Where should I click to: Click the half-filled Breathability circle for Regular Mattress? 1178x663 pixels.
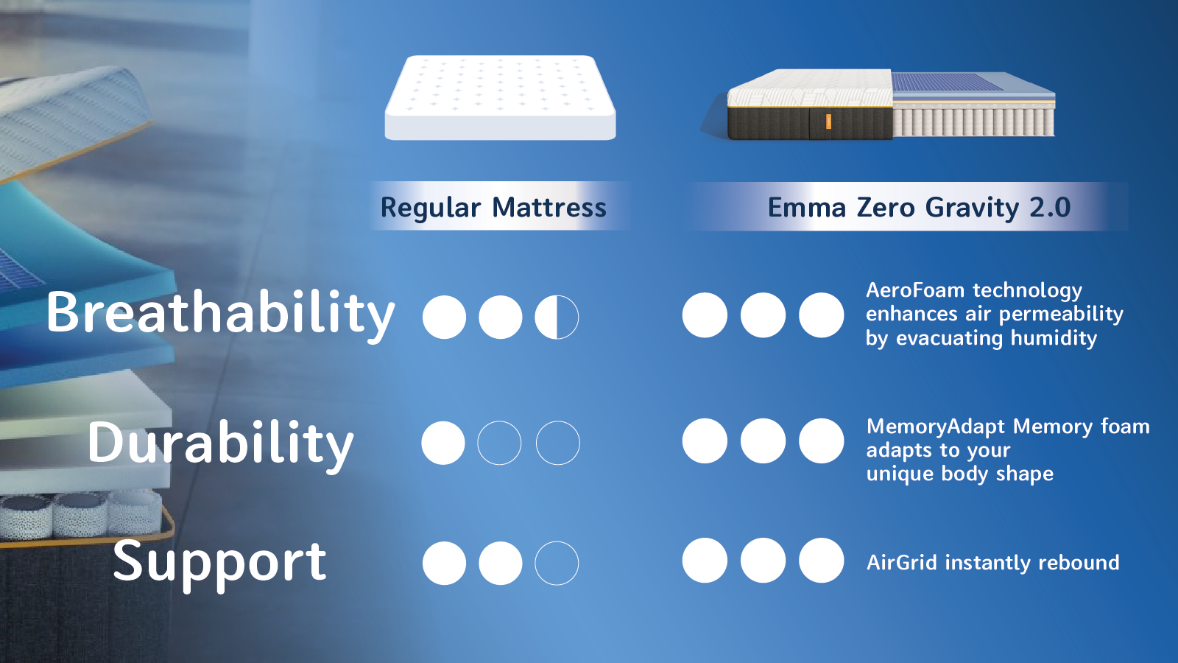557,317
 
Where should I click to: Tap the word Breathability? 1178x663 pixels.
220,314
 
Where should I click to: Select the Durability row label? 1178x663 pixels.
220,443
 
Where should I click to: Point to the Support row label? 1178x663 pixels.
219,564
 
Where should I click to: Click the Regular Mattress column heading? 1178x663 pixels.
493,207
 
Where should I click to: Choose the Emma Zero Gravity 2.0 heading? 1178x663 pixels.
919,207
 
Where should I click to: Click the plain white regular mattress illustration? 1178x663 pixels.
500,98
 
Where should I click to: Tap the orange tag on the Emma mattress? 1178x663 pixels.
828,122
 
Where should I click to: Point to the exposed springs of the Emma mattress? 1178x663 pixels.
973,122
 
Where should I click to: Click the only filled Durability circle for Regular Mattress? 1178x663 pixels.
443,443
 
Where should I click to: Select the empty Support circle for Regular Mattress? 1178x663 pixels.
557,563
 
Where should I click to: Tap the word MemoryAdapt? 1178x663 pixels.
936,427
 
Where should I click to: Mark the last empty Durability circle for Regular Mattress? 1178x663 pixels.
557,443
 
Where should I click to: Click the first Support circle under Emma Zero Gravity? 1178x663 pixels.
705,561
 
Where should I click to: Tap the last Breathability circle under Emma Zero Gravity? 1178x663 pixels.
822,315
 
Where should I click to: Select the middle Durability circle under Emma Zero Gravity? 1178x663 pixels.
763,441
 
